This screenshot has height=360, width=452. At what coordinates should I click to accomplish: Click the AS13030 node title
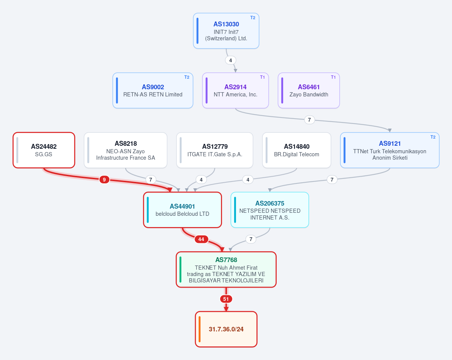pyautogui.click(x=226, y=24)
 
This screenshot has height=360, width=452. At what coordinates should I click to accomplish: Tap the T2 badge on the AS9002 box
pyautogui.click(x=187, y=77)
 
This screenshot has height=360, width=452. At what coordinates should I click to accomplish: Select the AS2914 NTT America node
pyautogui.click(x=236, y=90)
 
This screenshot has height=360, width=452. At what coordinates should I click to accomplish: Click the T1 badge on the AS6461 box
pyautogui.click(x=333, y=77)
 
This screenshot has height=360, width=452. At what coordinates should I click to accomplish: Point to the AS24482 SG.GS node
pyautogui.click(x=44, y=150)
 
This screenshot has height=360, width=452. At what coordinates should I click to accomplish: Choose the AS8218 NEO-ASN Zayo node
pyautogui.click(x=126, y=150)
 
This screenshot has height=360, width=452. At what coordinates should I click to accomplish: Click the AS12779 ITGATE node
pyautogui.click(x=215, y=150)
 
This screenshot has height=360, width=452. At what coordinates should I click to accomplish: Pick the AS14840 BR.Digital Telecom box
pyautogui.click(x=297, y=150)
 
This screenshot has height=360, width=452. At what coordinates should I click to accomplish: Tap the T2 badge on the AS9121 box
pyautogui.click(x=433, y=137)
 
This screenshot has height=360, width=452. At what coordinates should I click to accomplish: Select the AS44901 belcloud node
pyautogui.click(x=182, y=210)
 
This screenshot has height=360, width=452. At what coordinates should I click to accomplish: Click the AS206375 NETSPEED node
pyautogui.click(x=270, y=210)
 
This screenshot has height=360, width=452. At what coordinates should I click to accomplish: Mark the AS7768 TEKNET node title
pyautogui.click(x=226, y=260)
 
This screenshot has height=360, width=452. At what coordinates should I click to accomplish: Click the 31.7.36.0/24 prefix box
pyautogui.click(x=226, y=329)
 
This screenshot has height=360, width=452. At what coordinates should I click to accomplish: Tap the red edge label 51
pyautogui.click(x=226, y=299)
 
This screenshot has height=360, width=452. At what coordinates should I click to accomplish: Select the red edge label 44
pyautogui.click(x=201, y=239)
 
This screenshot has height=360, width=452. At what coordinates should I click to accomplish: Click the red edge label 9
pyautogui.click(x=104, y=180)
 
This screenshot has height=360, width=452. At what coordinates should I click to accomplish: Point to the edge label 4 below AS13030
pyautogui.click(x=230, y=60)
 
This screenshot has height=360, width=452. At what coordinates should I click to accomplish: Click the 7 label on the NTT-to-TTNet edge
pyautogui.click(x=309, y=120)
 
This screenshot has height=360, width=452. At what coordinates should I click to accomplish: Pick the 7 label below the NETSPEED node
pyautogui.click(x=251, y=239)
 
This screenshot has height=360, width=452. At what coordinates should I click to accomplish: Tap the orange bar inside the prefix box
pyautogui.click(x=199, y=329)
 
